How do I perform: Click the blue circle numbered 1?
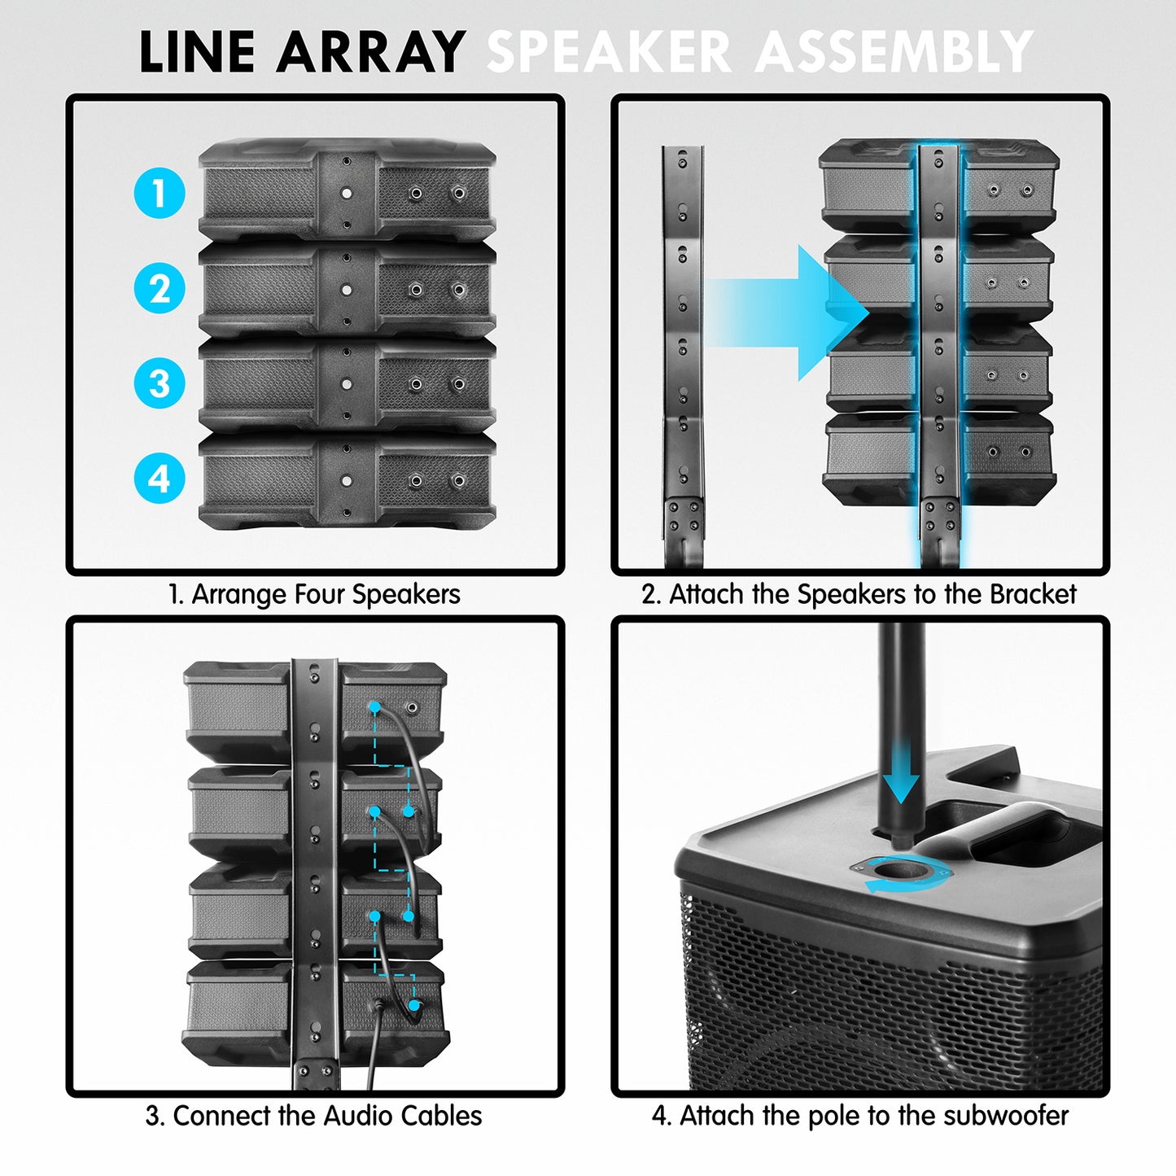click(160, 193)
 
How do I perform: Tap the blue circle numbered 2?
click(160, 288)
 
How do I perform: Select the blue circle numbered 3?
click(160, 383)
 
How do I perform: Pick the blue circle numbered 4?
click(160, 478)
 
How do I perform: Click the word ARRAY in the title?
click(371, 53)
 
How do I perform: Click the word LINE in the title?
click(199, 53)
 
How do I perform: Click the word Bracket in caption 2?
click(1033, 594)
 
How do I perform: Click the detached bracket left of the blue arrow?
click(682, 350)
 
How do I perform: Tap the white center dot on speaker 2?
click(347, 289)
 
